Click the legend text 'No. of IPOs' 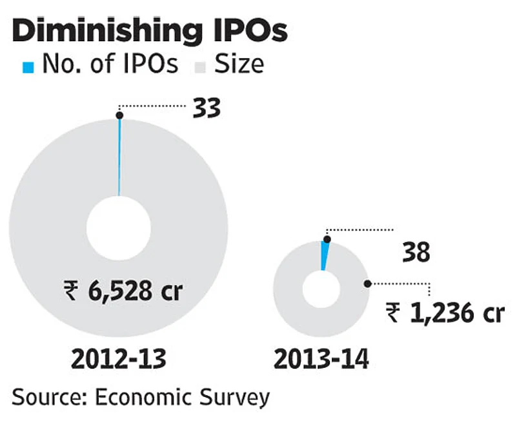(110, 64)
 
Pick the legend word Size (239, 64)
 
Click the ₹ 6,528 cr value (123, 291)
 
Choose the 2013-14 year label (321, 359)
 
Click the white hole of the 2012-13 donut (119, 228)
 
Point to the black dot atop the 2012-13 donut (119, 115)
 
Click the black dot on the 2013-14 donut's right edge (367, 283)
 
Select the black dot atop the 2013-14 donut (326, 239)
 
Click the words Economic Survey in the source (181, 396)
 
